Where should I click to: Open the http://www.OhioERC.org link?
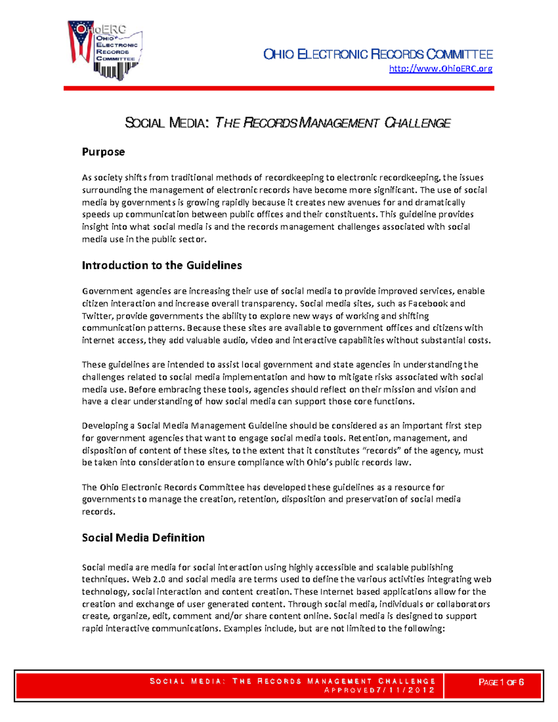pos(440,69)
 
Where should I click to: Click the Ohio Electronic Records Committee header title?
pos(378,54)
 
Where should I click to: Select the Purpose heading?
pos(103,152)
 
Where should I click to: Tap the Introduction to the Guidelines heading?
pos(162,265)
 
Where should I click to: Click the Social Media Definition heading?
pos(143,538)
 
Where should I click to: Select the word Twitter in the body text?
pos(97,316)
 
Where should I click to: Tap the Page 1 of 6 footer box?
pos(501,682)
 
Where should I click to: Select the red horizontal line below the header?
pos(279,88)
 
